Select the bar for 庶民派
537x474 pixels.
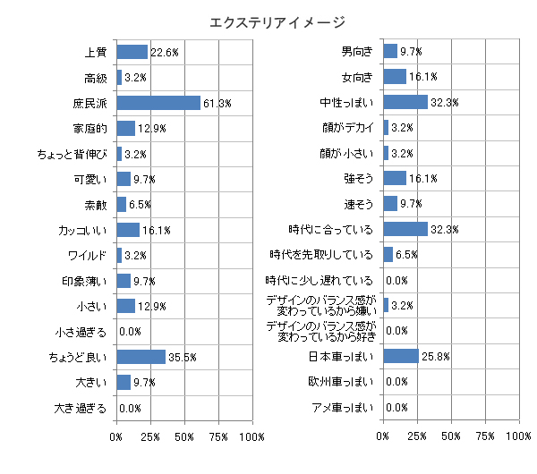[158, 103]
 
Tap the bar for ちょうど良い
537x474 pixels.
[141, 357]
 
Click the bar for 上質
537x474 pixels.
[132, 52]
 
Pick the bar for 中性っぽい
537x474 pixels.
[405, 103]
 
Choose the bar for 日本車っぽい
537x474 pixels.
[400, 357]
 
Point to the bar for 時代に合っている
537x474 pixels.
[405, 230]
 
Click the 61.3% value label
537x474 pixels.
[217, 104]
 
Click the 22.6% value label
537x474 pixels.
[164, 53]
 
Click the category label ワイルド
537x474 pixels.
[88, 256]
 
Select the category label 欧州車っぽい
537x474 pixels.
[345, 383]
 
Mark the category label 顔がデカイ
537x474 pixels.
[348, 129]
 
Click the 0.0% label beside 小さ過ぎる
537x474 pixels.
[131, 333]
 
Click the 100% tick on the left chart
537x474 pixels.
[251, 436]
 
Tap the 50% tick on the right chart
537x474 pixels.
[450, 436]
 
